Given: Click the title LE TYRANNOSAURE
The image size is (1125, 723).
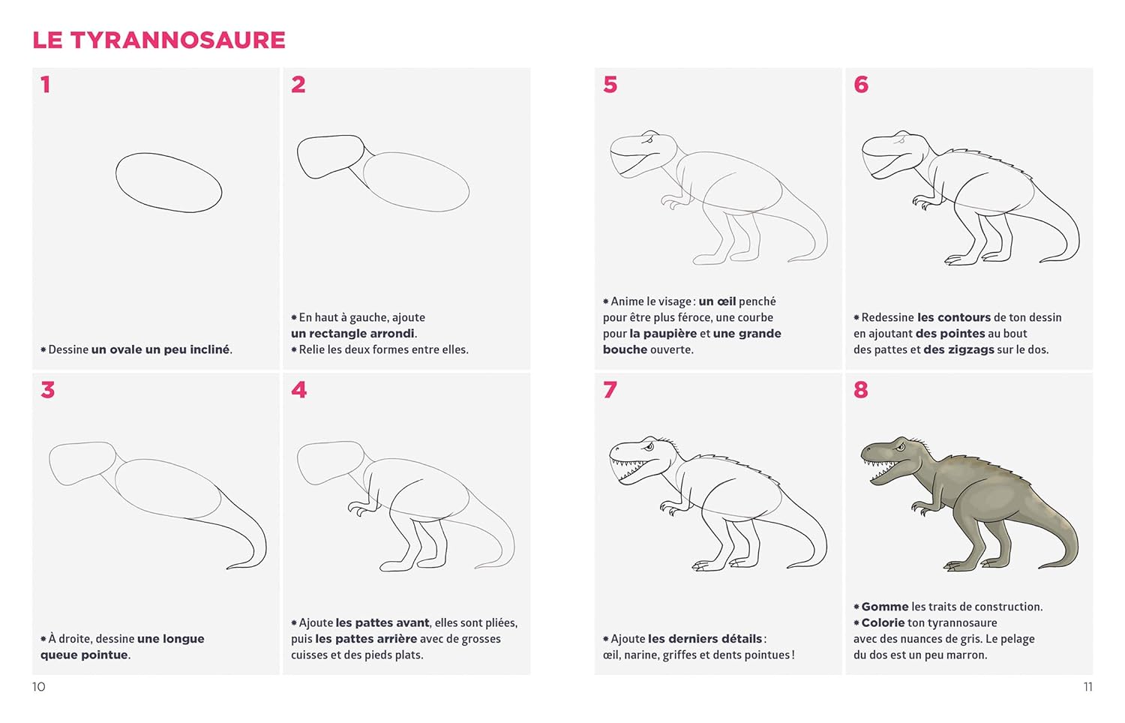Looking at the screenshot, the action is pyautogui.click(x=159, y=40).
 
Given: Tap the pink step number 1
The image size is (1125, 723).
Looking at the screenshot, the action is pyautogui.click(x=46, y=84).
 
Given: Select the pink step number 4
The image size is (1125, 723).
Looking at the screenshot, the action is pyautogui.click(x=298, y=389).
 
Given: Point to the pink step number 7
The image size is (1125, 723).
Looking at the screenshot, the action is pyautogui.click(x=610, y=389).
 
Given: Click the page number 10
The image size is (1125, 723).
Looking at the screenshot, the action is pyautogui.click(x=39, y=687).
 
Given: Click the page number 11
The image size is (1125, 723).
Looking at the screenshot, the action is pyautogui.click(x=1087, y=687).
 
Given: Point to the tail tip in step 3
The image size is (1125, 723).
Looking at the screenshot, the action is pyautogui.click(x=227, y=568).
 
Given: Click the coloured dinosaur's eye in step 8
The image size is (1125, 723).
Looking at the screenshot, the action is pyautogui.click(x=901, y=446).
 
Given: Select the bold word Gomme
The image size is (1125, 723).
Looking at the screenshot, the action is pyautogui.click(x=885, y=607).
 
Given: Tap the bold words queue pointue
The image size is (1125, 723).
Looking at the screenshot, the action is pyautogui.click(x=84, y=655).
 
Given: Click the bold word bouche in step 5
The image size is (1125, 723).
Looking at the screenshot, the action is pyautogui.click(x=625, y=349).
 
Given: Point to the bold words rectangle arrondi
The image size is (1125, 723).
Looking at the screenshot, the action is pyautogui.click(x=352, y=334).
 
